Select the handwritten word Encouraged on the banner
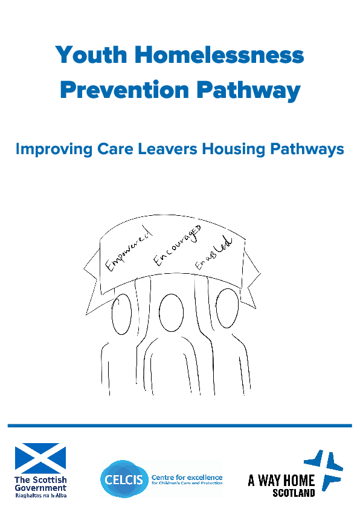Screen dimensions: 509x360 point(177,245)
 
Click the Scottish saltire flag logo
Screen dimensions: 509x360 point(40,458)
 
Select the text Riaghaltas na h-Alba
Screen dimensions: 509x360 point(40,494)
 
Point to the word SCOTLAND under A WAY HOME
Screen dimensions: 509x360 point(294,493)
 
